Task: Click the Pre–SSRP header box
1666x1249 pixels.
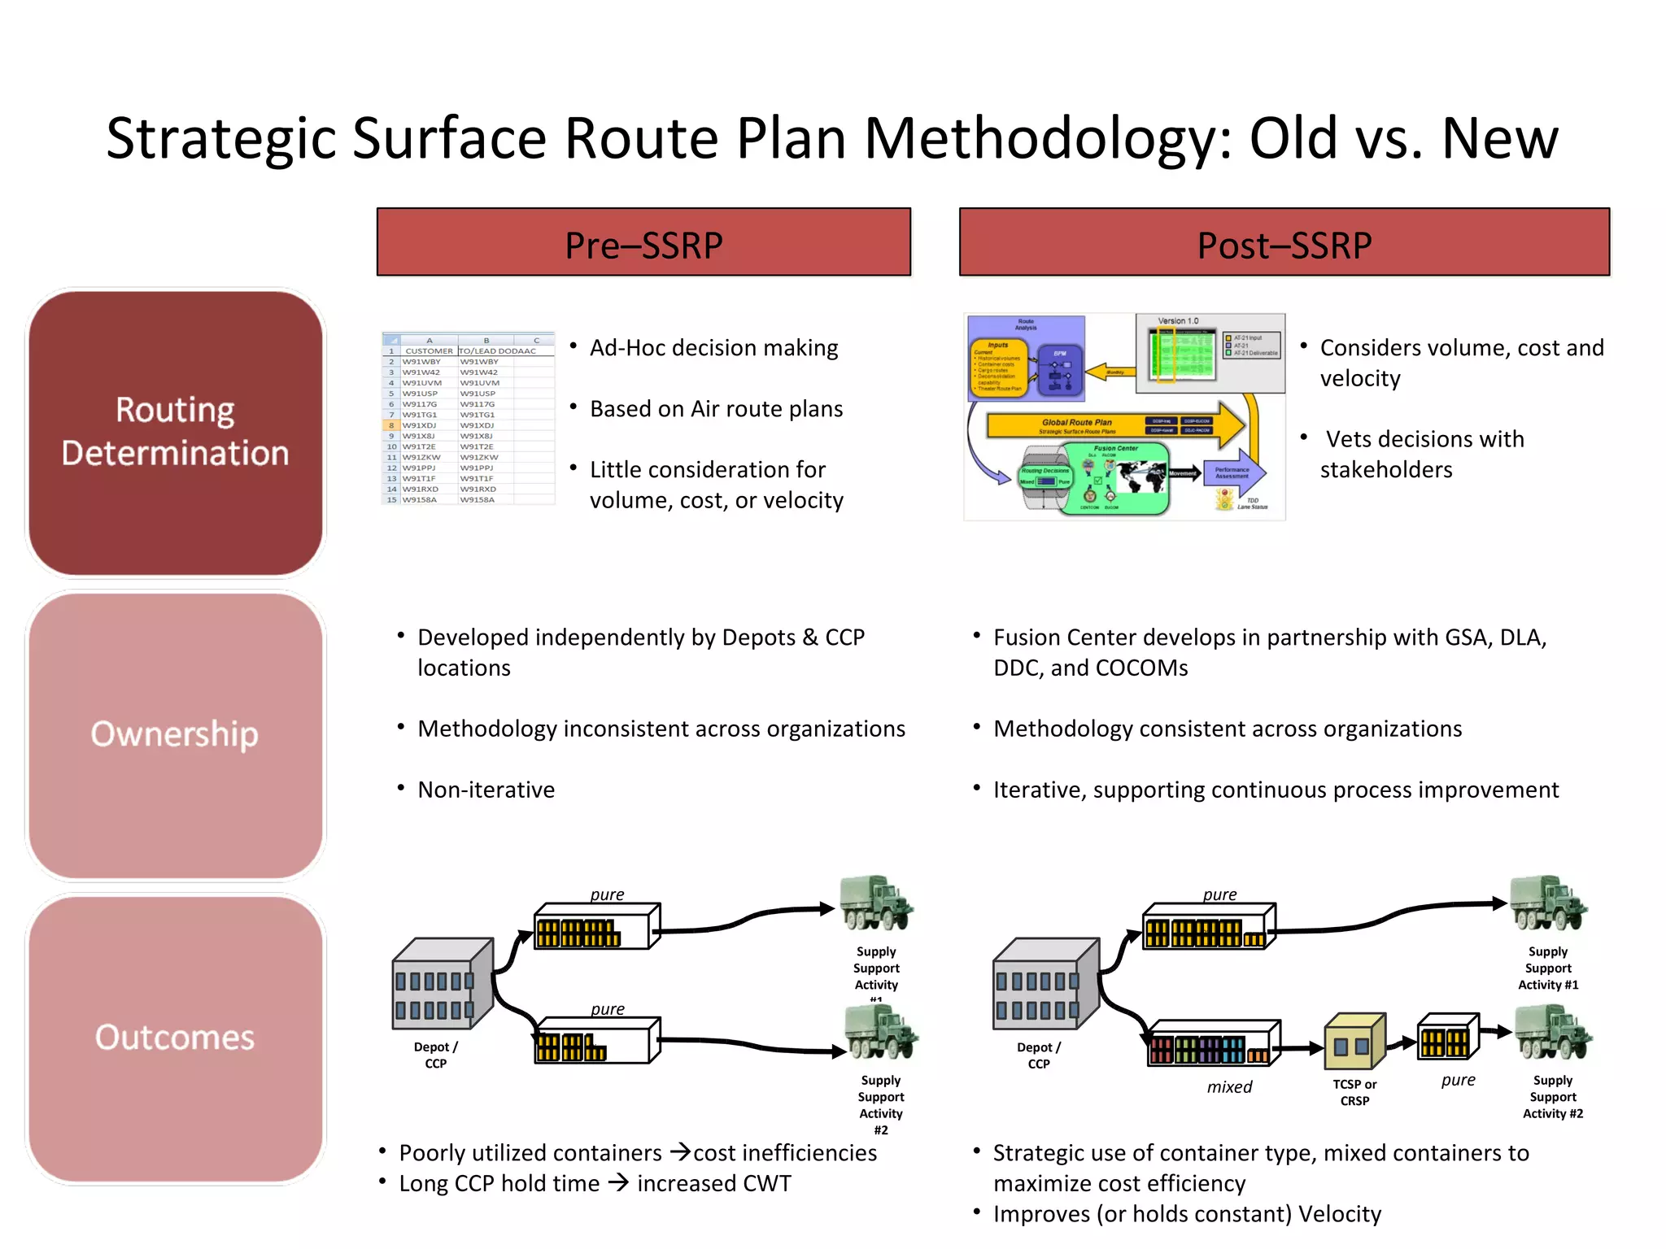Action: point(643,242)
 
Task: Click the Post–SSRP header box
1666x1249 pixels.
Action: point(1284,242)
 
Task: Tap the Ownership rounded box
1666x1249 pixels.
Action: point(176,735)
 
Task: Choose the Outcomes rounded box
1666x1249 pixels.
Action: point(176,1038)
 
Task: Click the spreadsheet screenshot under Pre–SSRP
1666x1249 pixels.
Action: point(469,419)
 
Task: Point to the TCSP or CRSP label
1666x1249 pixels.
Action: point(1354,1092)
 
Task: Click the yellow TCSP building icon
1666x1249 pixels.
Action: point(1354,1042)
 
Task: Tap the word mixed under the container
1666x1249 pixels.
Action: point(1229,1087)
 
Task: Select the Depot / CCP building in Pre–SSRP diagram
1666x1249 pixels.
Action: point(443,984)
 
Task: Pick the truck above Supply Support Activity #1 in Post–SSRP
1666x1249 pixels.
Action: point(1548,904)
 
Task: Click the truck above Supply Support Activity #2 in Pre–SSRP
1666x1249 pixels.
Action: point(880,1033)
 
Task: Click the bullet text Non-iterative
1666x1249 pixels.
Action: point(486,790)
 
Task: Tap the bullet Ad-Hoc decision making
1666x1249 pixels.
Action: point(713,348)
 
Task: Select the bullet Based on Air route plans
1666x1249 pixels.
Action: point(716,409)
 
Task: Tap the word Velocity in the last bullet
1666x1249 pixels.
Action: point(1339,1214)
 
